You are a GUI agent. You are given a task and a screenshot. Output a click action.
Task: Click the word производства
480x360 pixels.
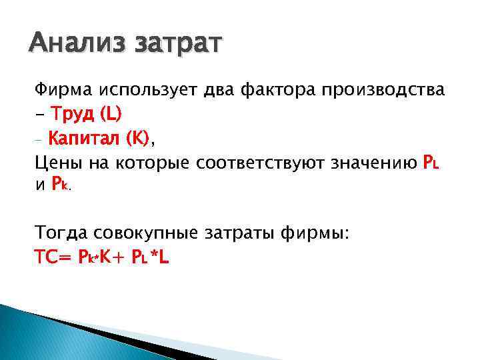[x=387, y=90]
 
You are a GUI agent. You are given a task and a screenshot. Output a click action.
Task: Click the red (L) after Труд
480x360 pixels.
[x=110, y=115]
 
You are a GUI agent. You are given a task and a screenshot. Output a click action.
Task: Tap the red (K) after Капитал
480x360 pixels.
[x=138, y=139]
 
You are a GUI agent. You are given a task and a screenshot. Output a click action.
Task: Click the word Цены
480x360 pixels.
[x=57, y=163]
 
